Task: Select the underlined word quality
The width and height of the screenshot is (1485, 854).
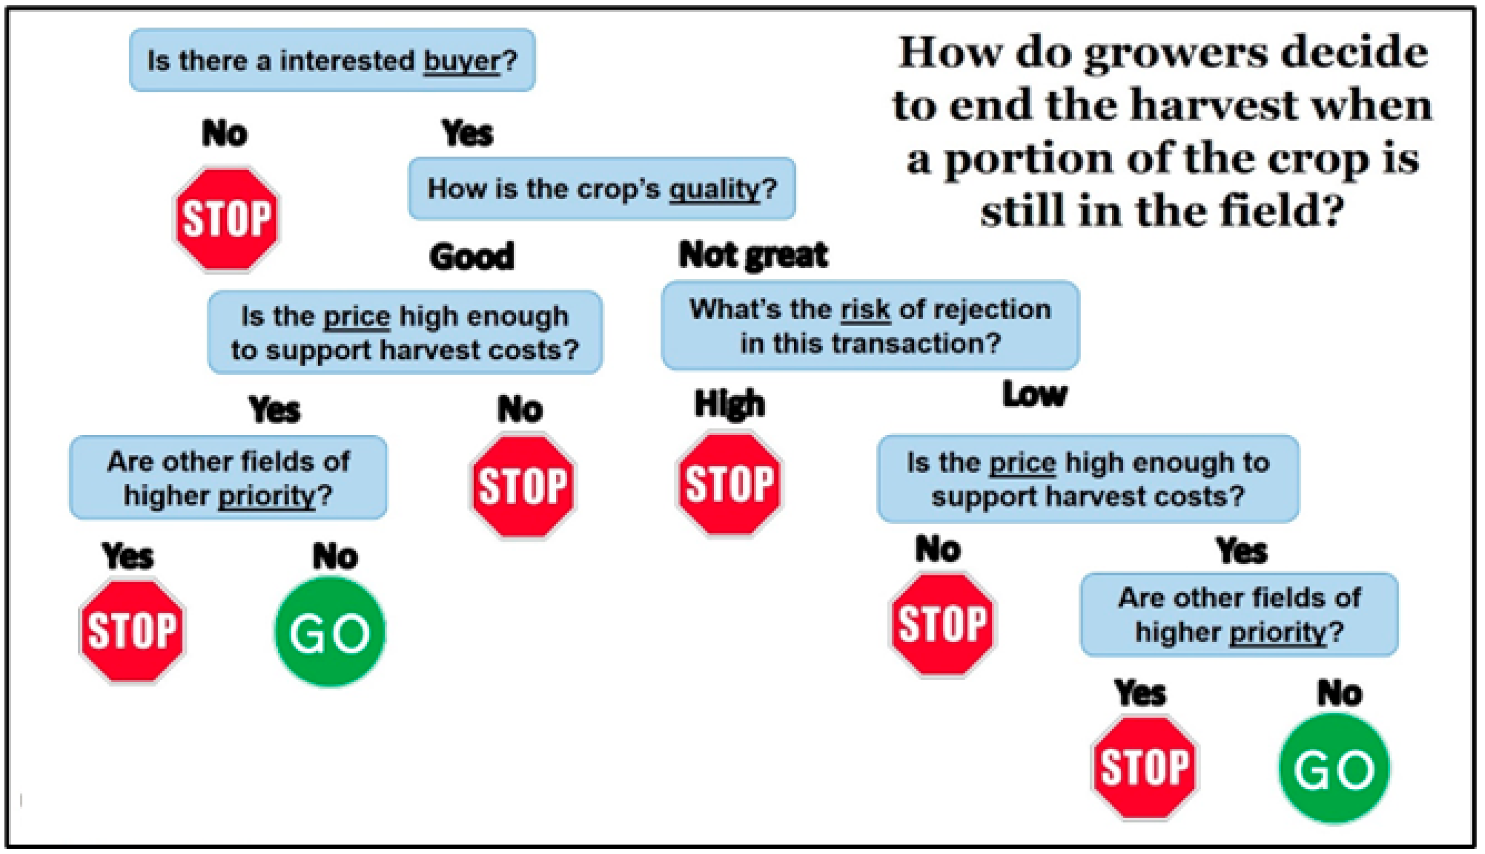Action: [x=714, y=189]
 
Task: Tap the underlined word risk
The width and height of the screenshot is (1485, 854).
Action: [x=865, y=310]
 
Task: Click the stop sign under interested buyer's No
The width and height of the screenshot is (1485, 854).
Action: [x=227, y=219]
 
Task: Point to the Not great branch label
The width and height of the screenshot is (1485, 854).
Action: [x=753, y=256]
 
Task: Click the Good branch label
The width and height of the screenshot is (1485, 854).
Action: [x=471, y=256]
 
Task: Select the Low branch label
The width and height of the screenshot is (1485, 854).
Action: [x=1035, y=393]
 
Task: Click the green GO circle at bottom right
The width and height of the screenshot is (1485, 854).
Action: [x=1335, y=769]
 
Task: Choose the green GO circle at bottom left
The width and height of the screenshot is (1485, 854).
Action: [x=330, y=632]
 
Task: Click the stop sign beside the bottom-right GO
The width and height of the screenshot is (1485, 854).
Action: [x=1145, y=767]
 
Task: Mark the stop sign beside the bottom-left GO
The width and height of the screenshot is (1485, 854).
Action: [x=132, y=631]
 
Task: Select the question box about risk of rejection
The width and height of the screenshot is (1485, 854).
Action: [x=870, y=326]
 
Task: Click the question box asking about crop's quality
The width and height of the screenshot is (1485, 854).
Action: [x=602, y=188]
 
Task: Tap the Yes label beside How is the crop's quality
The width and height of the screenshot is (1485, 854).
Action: [x=467, y=132]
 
